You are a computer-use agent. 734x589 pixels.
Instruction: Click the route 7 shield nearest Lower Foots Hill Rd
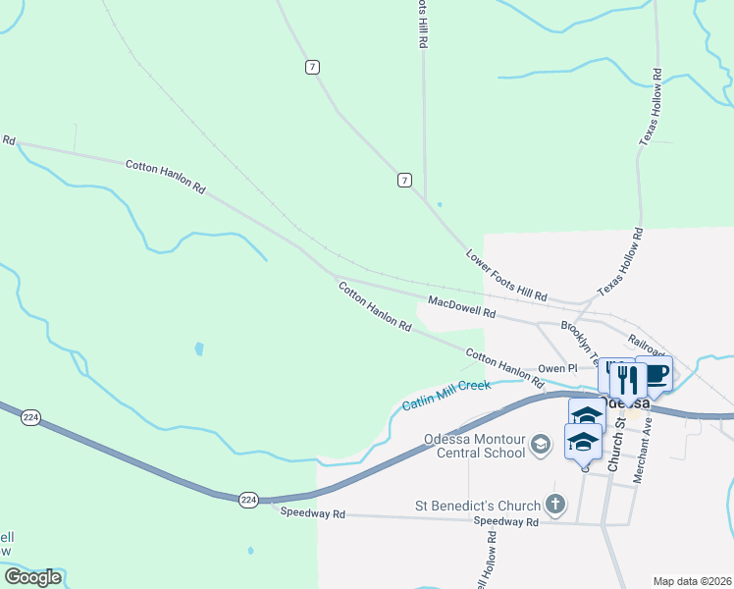(x=404, y=180)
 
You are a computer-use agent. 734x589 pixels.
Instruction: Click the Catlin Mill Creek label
(x=446, y=396)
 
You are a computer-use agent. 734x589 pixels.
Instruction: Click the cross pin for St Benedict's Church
(x=555, y=507)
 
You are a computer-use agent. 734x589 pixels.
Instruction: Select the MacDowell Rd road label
(x=461, y=306)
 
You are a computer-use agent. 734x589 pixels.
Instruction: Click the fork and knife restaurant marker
(x=628, y=379)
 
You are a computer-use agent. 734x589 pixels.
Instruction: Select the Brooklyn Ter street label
(x=579, y=340)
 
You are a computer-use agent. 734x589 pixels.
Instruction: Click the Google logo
(x=33, y=576)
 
